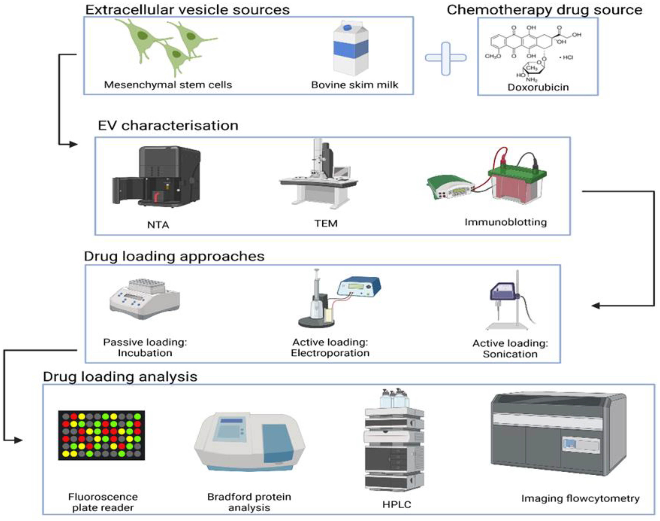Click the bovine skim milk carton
[351, 49]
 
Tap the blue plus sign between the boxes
[446, 58]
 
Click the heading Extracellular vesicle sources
[187, 10]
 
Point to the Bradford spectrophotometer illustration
[249, 441]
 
